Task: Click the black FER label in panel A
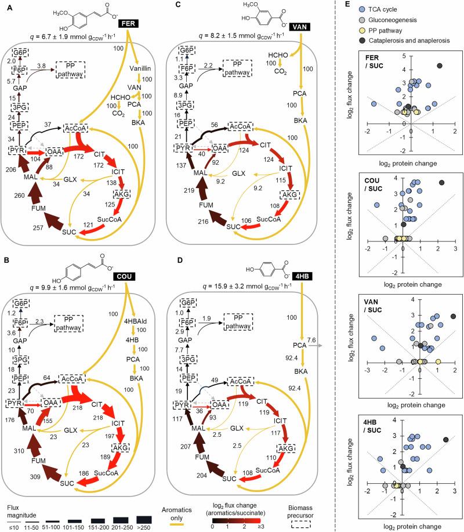127,23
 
